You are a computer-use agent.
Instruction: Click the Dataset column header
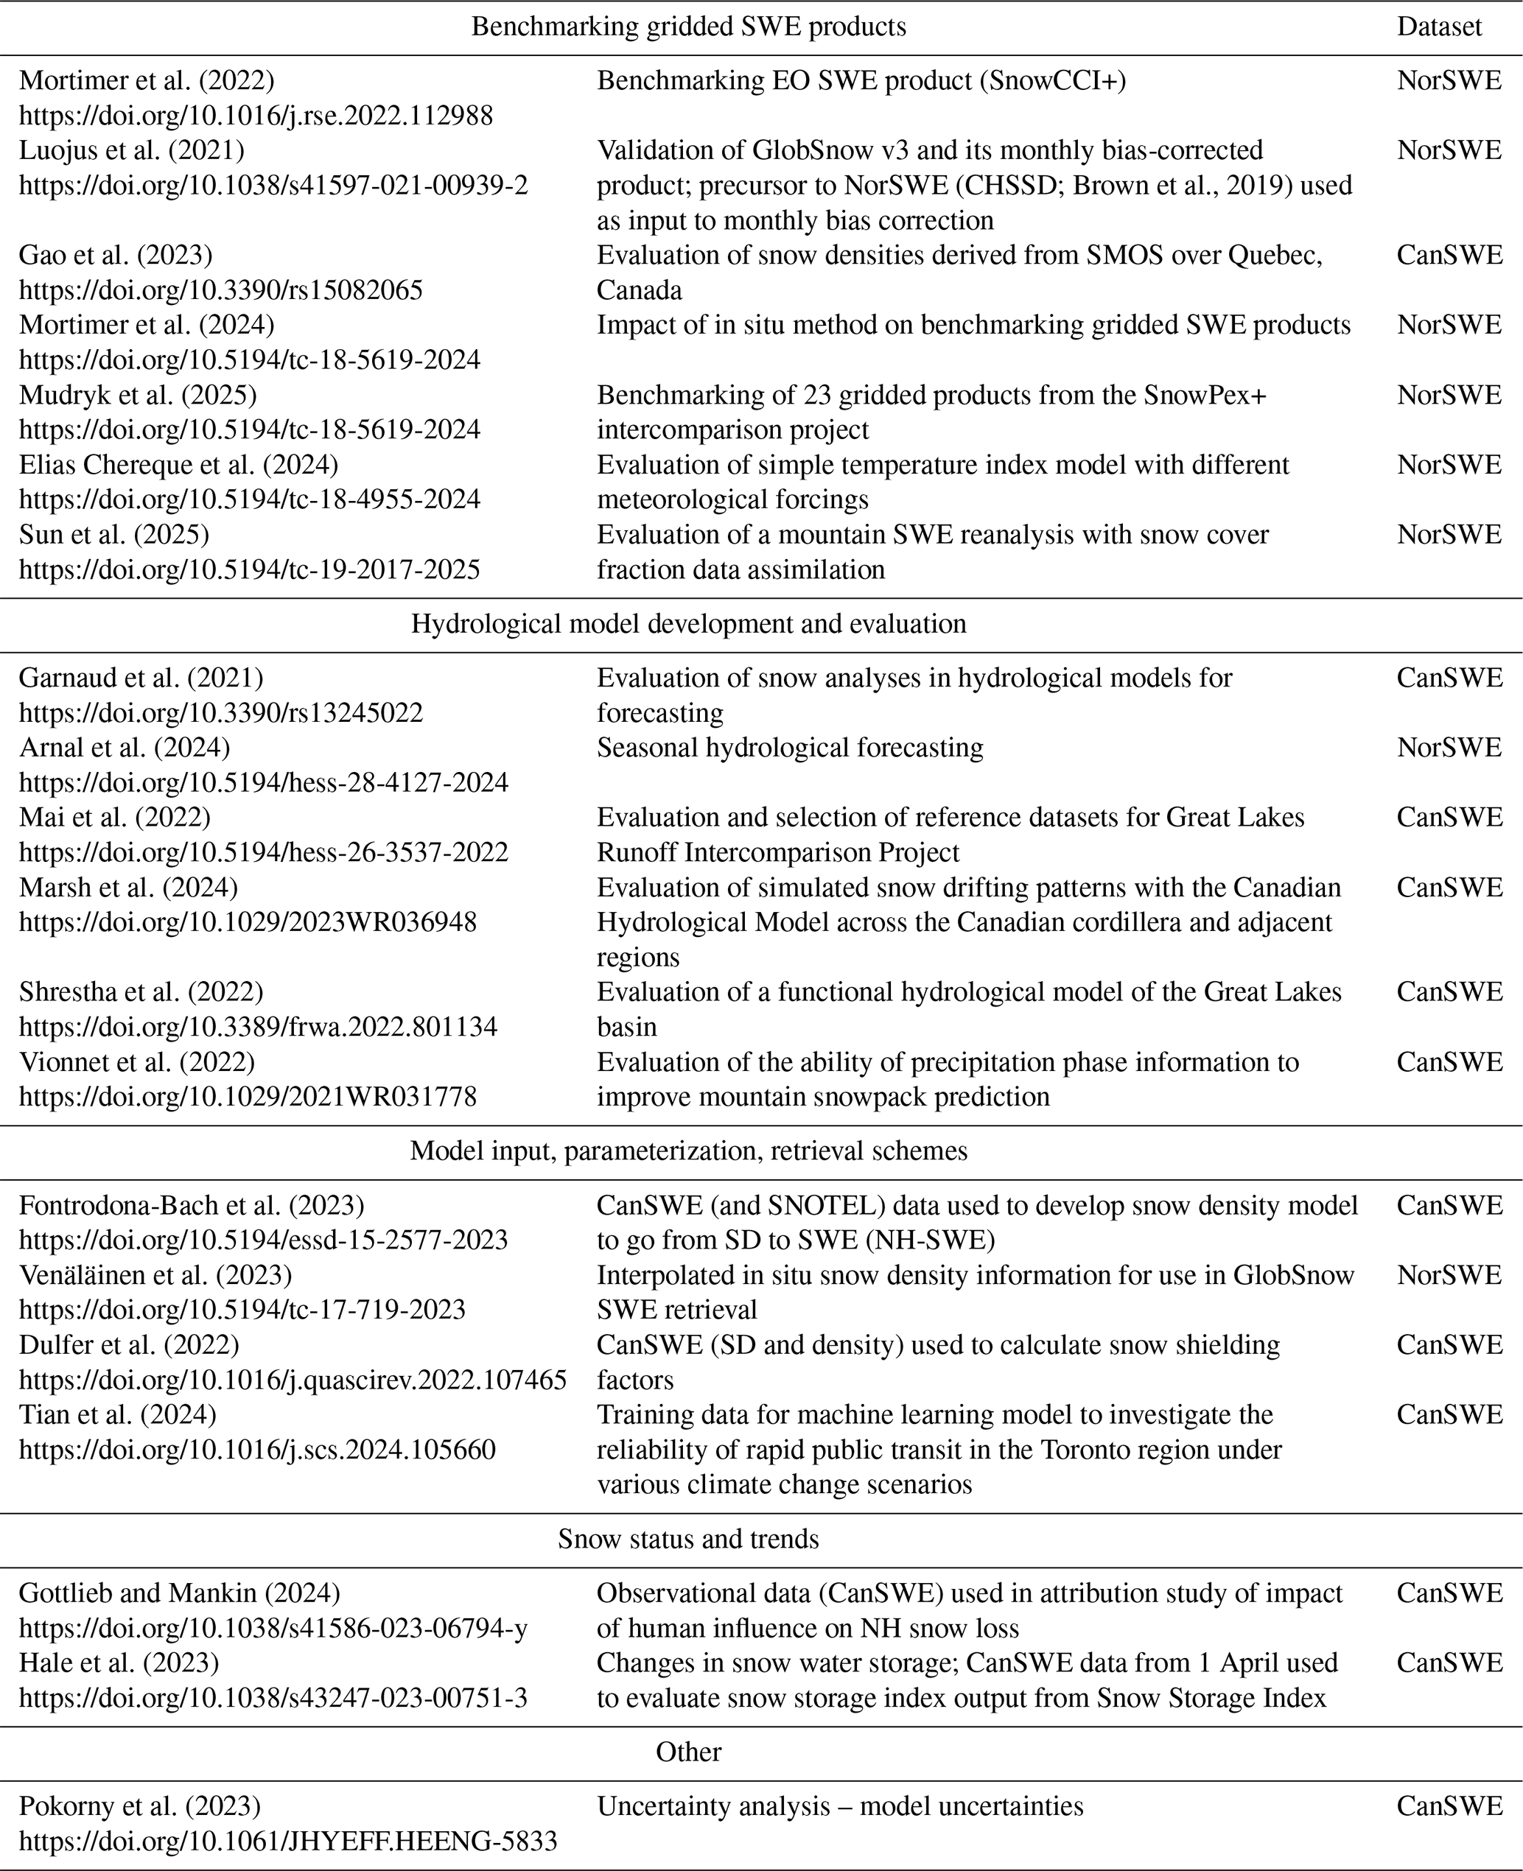pyautogui.click(x=1439, y=27)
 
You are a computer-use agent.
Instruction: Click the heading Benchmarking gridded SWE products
pyautogui.click(x=689, y=27)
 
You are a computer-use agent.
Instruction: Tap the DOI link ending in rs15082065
pyautogui.click(x=221, y=290)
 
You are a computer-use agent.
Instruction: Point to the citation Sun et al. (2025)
pyautogui.click(x=114, y=534)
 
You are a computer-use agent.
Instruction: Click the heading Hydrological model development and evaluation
pyautogui.click(x=689, y=624)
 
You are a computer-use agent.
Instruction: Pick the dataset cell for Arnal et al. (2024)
pyautogui.click(x=1449, y=748)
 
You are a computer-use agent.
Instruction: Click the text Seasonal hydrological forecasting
pyautogui.click(x=790, y=748)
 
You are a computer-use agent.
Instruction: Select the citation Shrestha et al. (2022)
pyautogui.click(x=141, y=992)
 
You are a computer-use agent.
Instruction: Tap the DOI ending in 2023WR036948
pyautogui.click(x=248, y=922)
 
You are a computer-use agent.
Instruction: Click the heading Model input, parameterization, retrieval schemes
pyautogui.click(x=689, y=1151)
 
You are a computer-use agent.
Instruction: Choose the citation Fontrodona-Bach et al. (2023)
pyautogui.click(x=192, y=1205)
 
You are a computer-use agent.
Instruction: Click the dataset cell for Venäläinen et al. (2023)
pyautogui.click(x=1449, y=1274)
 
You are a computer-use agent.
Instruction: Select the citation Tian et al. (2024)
pyautogui.click(x=118, y=1415)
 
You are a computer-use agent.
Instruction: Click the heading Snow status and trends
pyautogui.click(x=689, y=1539)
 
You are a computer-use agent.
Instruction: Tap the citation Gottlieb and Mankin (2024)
pyautogui.click(x=180, y=1593)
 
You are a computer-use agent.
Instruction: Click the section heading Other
pyautogui.click(x=689, y=1752)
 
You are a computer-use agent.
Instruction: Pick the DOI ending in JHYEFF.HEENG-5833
pyautogui.click(x=289, y=1840)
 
